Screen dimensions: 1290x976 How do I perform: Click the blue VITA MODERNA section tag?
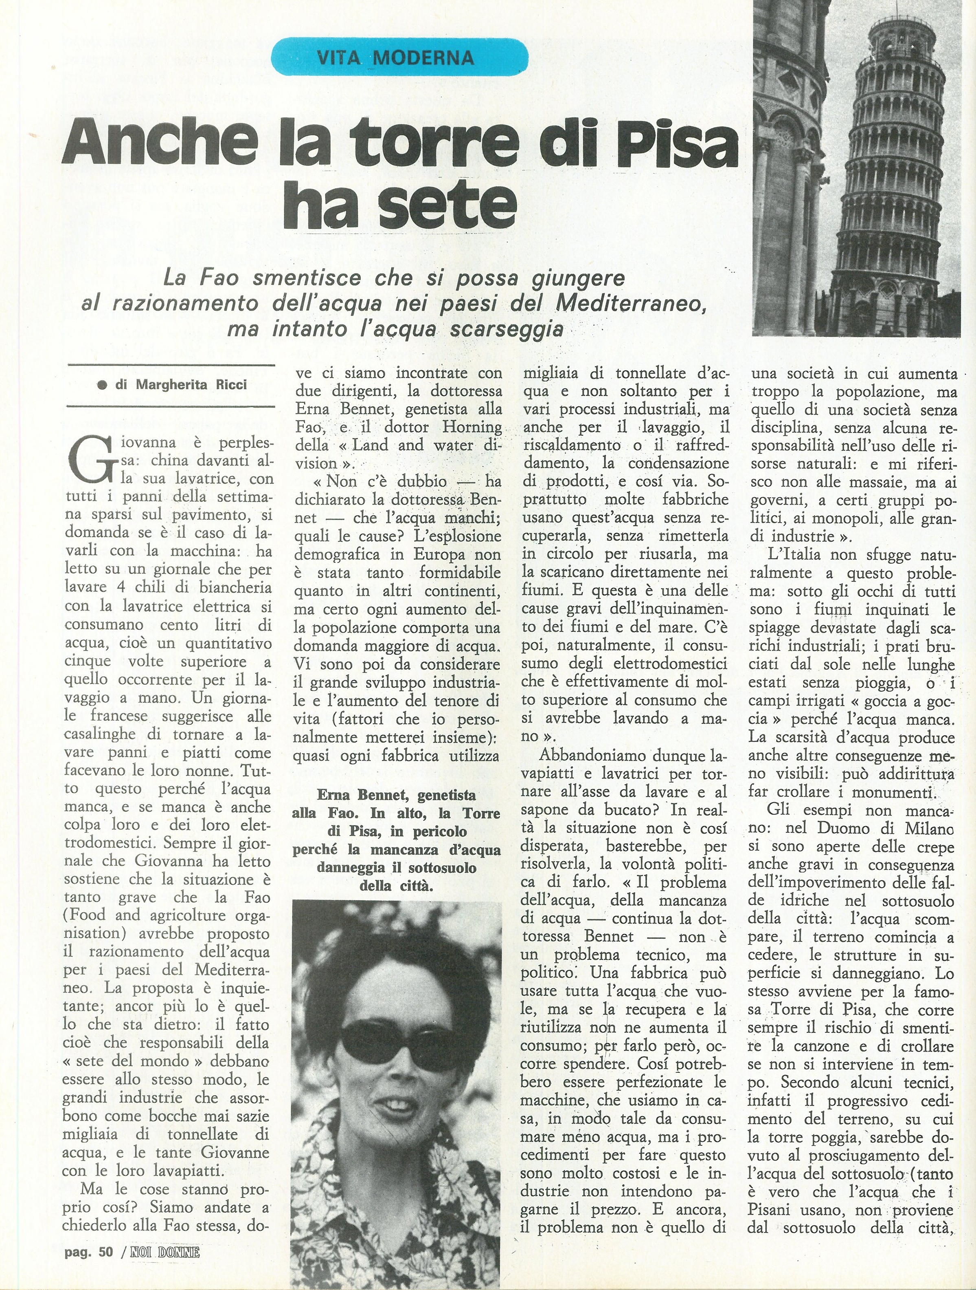400,57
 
